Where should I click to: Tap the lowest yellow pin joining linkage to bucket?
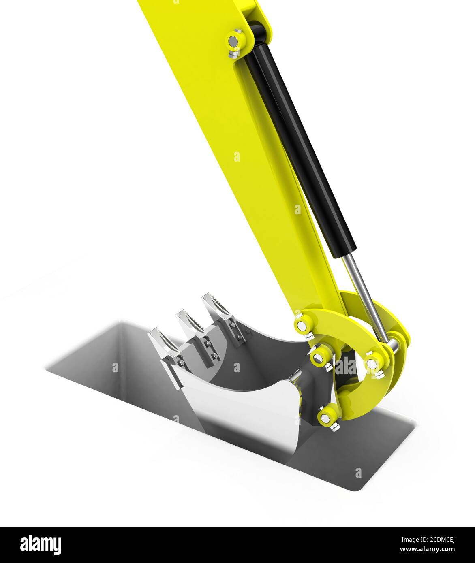click(x=326, y=416)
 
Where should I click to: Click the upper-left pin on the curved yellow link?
click(x=302, y=324)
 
